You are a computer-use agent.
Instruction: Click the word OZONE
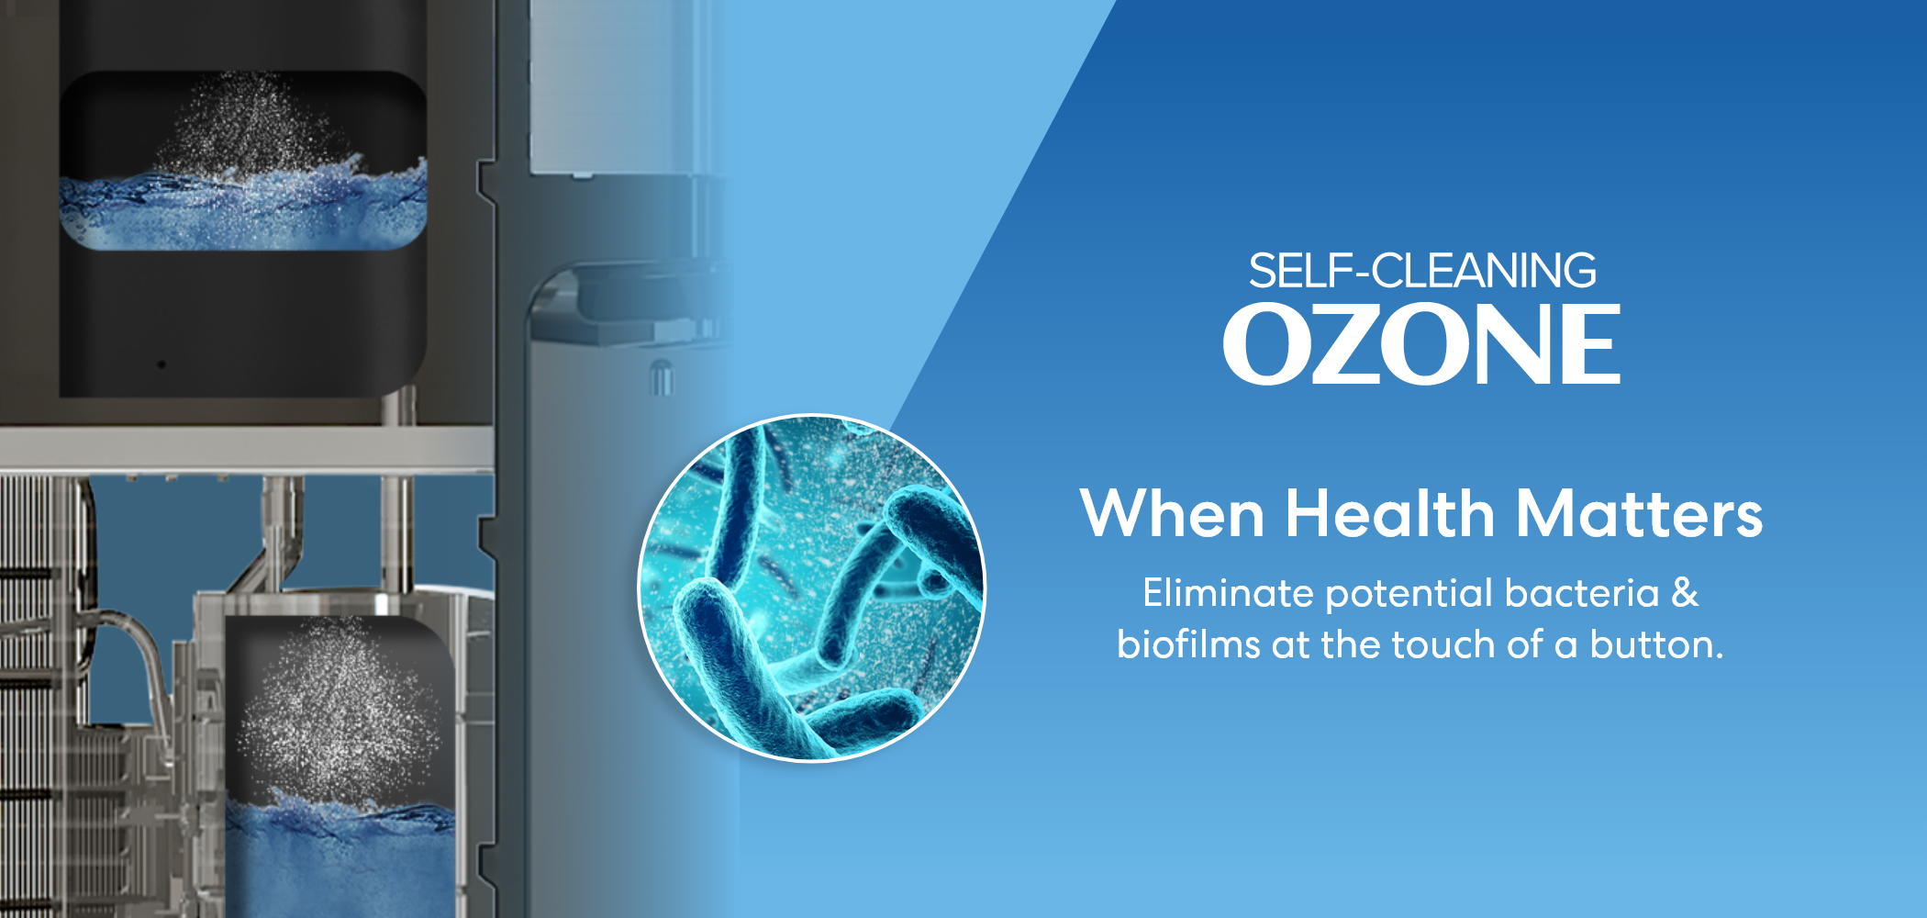[1421, 344]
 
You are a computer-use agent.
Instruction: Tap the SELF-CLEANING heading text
[1422, 271]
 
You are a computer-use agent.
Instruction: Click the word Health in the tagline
[1390, 513]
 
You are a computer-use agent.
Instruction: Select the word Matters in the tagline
[1639, 513]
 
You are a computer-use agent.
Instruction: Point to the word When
[1173, 513]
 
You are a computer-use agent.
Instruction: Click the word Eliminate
[1229, 593]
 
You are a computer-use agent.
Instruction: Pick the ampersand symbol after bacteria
[1685, 593]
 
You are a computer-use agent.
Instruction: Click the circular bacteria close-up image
[811, 588]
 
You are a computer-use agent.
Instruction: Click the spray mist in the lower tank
[340, 707]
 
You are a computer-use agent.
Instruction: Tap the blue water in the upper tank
[243, 209]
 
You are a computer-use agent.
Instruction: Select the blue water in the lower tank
[340, 858]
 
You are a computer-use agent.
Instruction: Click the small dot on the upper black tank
[162, 364]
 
